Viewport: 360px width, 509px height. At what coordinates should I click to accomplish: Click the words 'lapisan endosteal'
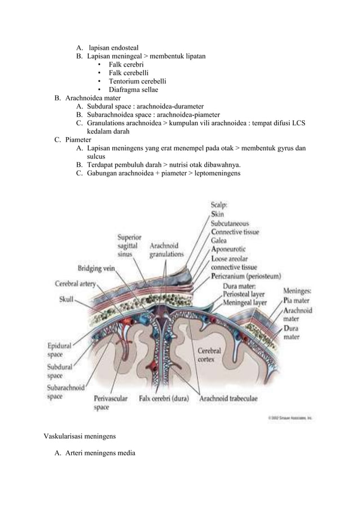tap(114, 47)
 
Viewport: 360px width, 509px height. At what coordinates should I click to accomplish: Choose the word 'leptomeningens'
tap(216, 174)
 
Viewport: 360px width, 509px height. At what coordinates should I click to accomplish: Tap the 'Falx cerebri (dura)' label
tap(165, 398)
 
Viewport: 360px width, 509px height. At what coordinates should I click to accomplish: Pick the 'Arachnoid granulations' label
tap(166, 250)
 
